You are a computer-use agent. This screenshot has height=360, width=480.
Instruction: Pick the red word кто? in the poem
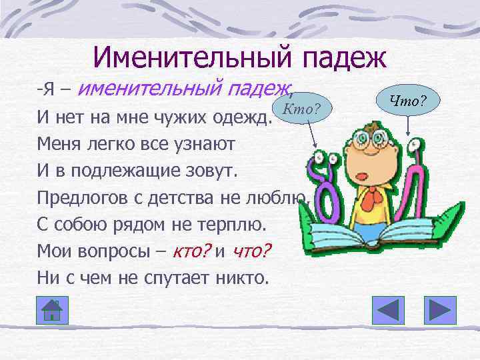pyautogui.click(x=190, y=251)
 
